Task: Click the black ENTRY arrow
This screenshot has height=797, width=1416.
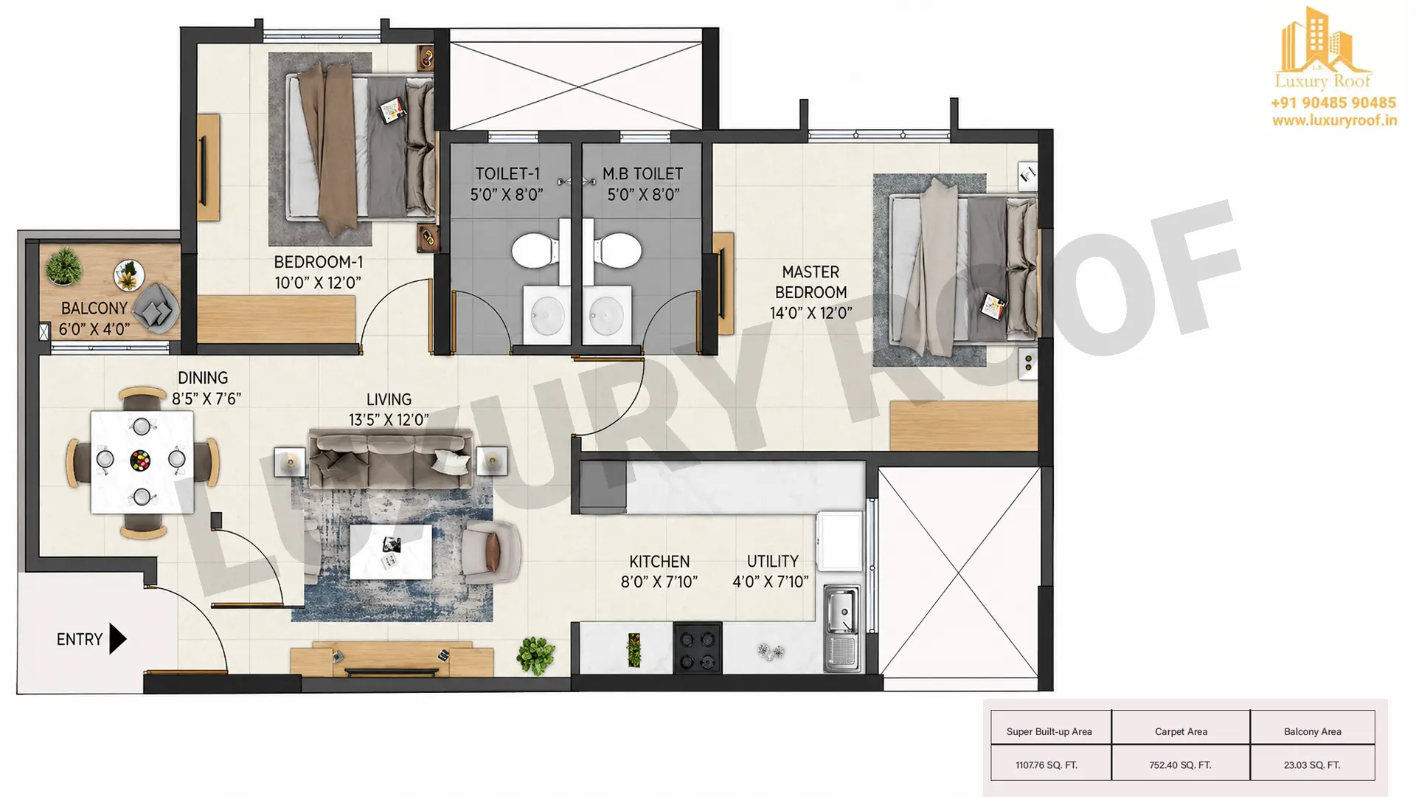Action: (117, 639)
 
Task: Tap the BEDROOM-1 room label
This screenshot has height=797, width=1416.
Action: (318, 262)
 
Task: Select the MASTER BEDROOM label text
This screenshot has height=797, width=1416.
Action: (811, 282)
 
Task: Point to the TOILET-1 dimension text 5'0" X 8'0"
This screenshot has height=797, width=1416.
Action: (507, 195)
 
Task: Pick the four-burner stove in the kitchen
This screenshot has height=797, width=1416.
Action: (698, 649)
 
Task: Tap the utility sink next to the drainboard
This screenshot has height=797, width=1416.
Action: (841, 610)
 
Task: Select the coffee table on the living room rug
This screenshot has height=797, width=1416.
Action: (391, 551)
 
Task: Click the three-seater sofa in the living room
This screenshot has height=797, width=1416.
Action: (390, 458)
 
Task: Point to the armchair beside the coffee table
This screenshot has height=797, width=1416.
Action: (490, 551)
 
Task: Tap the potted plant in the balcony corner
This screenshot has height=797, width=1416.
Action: (63, 266)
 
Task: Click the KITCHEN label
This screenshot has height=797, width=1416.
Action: (659, 562)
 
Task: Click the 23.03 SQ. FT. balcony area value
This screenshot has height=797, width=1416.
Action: (1312, 765)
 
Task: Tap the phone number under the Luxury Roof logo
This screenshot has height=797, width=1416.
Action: (1333, 103)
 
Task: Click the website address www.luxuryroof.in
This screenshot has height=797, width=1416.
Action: (1334, 120)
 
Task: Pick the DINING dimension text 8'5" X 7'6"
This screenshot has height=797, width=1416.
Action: (206, 399)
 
